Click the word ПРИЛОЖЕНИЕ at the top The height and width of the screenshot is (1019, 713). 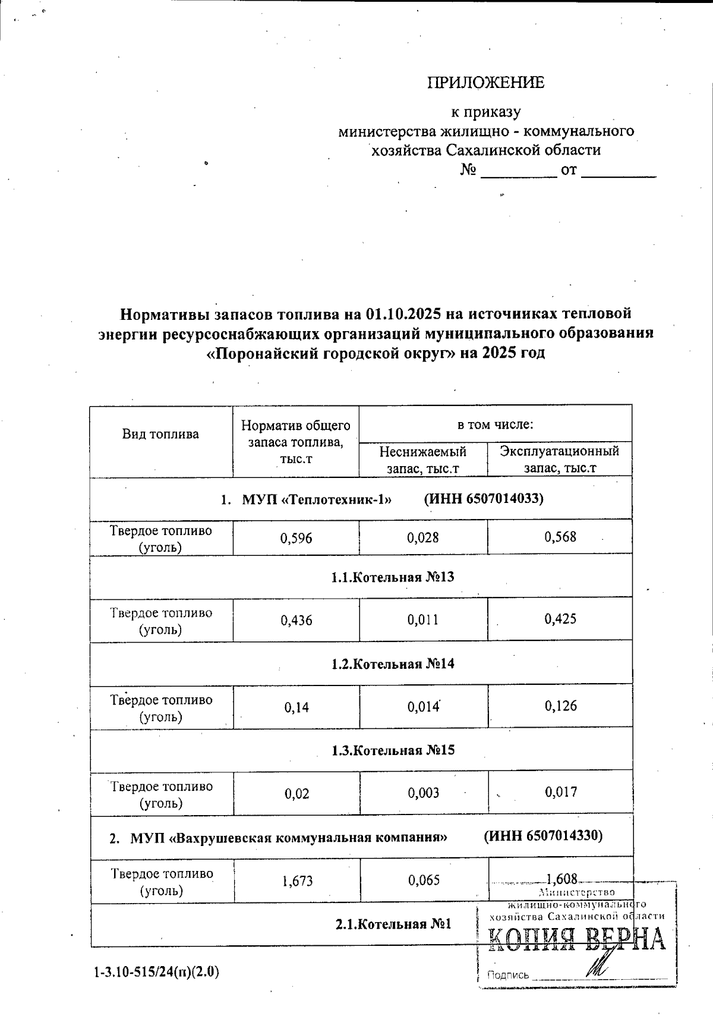point(485,83)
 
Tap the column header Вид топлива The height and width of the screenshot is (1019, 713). point(160,434)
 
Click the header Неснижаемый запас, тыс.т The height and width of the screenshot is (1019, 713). point(423,460)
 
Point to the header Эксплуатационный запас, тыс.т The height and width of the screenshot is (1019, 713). point(560,460)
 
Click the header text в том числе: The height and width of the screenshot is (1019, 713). point(495,424)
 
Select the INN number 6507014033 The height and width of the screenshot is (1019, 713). point(504,498)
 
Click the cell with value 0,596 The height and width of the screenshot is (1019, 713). point(296,538)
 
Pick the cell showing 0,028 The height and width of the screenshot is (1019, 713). point(423,538)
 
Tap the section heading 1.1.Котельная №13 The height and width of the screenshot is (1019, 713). point(393,577)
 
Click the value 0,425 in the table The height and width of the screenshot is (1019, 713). point(560,619)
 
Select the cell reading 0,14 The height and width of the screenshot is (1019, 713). point(296,707)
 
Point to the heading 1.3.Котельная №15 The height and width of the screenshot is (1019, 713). point(393,750)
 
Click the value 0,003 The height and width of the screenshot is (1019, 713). point(423,792)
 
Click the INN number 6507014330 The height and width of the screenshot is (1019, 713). point(564,836)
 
